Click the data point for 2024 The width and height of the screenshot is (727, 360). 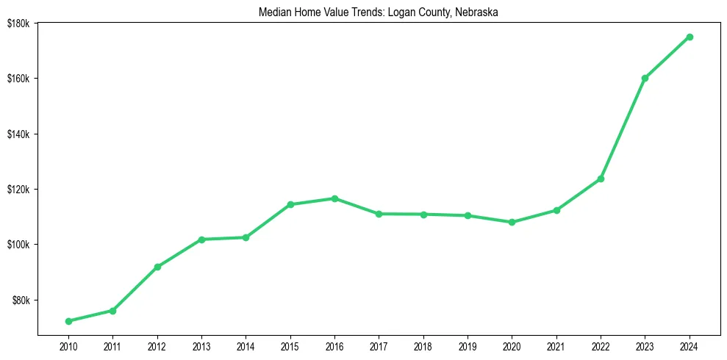(690, 37)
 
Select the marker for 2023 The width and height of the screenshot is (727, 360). (645, 78)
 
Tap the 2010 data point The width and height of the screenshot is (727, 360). (68, 321)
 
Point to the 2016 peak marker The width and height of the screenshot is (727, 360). (334, 198)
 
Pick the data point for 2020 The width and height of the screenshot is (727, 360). (512, 222)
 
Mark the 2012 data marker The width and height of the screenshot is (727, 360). (157, 267)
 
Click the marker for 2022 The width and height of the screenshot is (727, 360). (601, 179)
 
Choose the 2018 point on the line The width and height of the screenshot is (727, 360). (423, 215)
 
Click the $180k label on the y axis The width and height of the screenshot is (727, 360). (18, 24)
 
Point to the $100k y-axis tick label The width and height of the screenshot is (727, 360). (18, 245)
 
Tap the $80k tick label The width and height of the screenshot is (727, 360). (20, 300)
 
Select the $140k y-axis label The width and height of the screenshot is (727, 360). (18, 134)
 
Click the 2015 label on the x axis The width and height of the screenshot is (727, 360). (290, 346)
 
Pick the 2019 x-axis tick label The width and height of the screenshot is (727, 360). (468, 346)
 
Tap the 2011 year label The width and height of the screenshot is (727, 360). (112, 346)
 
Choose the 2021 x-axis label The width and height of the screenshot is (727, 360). (556, 346)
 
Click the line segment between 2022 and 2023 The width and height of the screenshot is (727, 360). (623, 129)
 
